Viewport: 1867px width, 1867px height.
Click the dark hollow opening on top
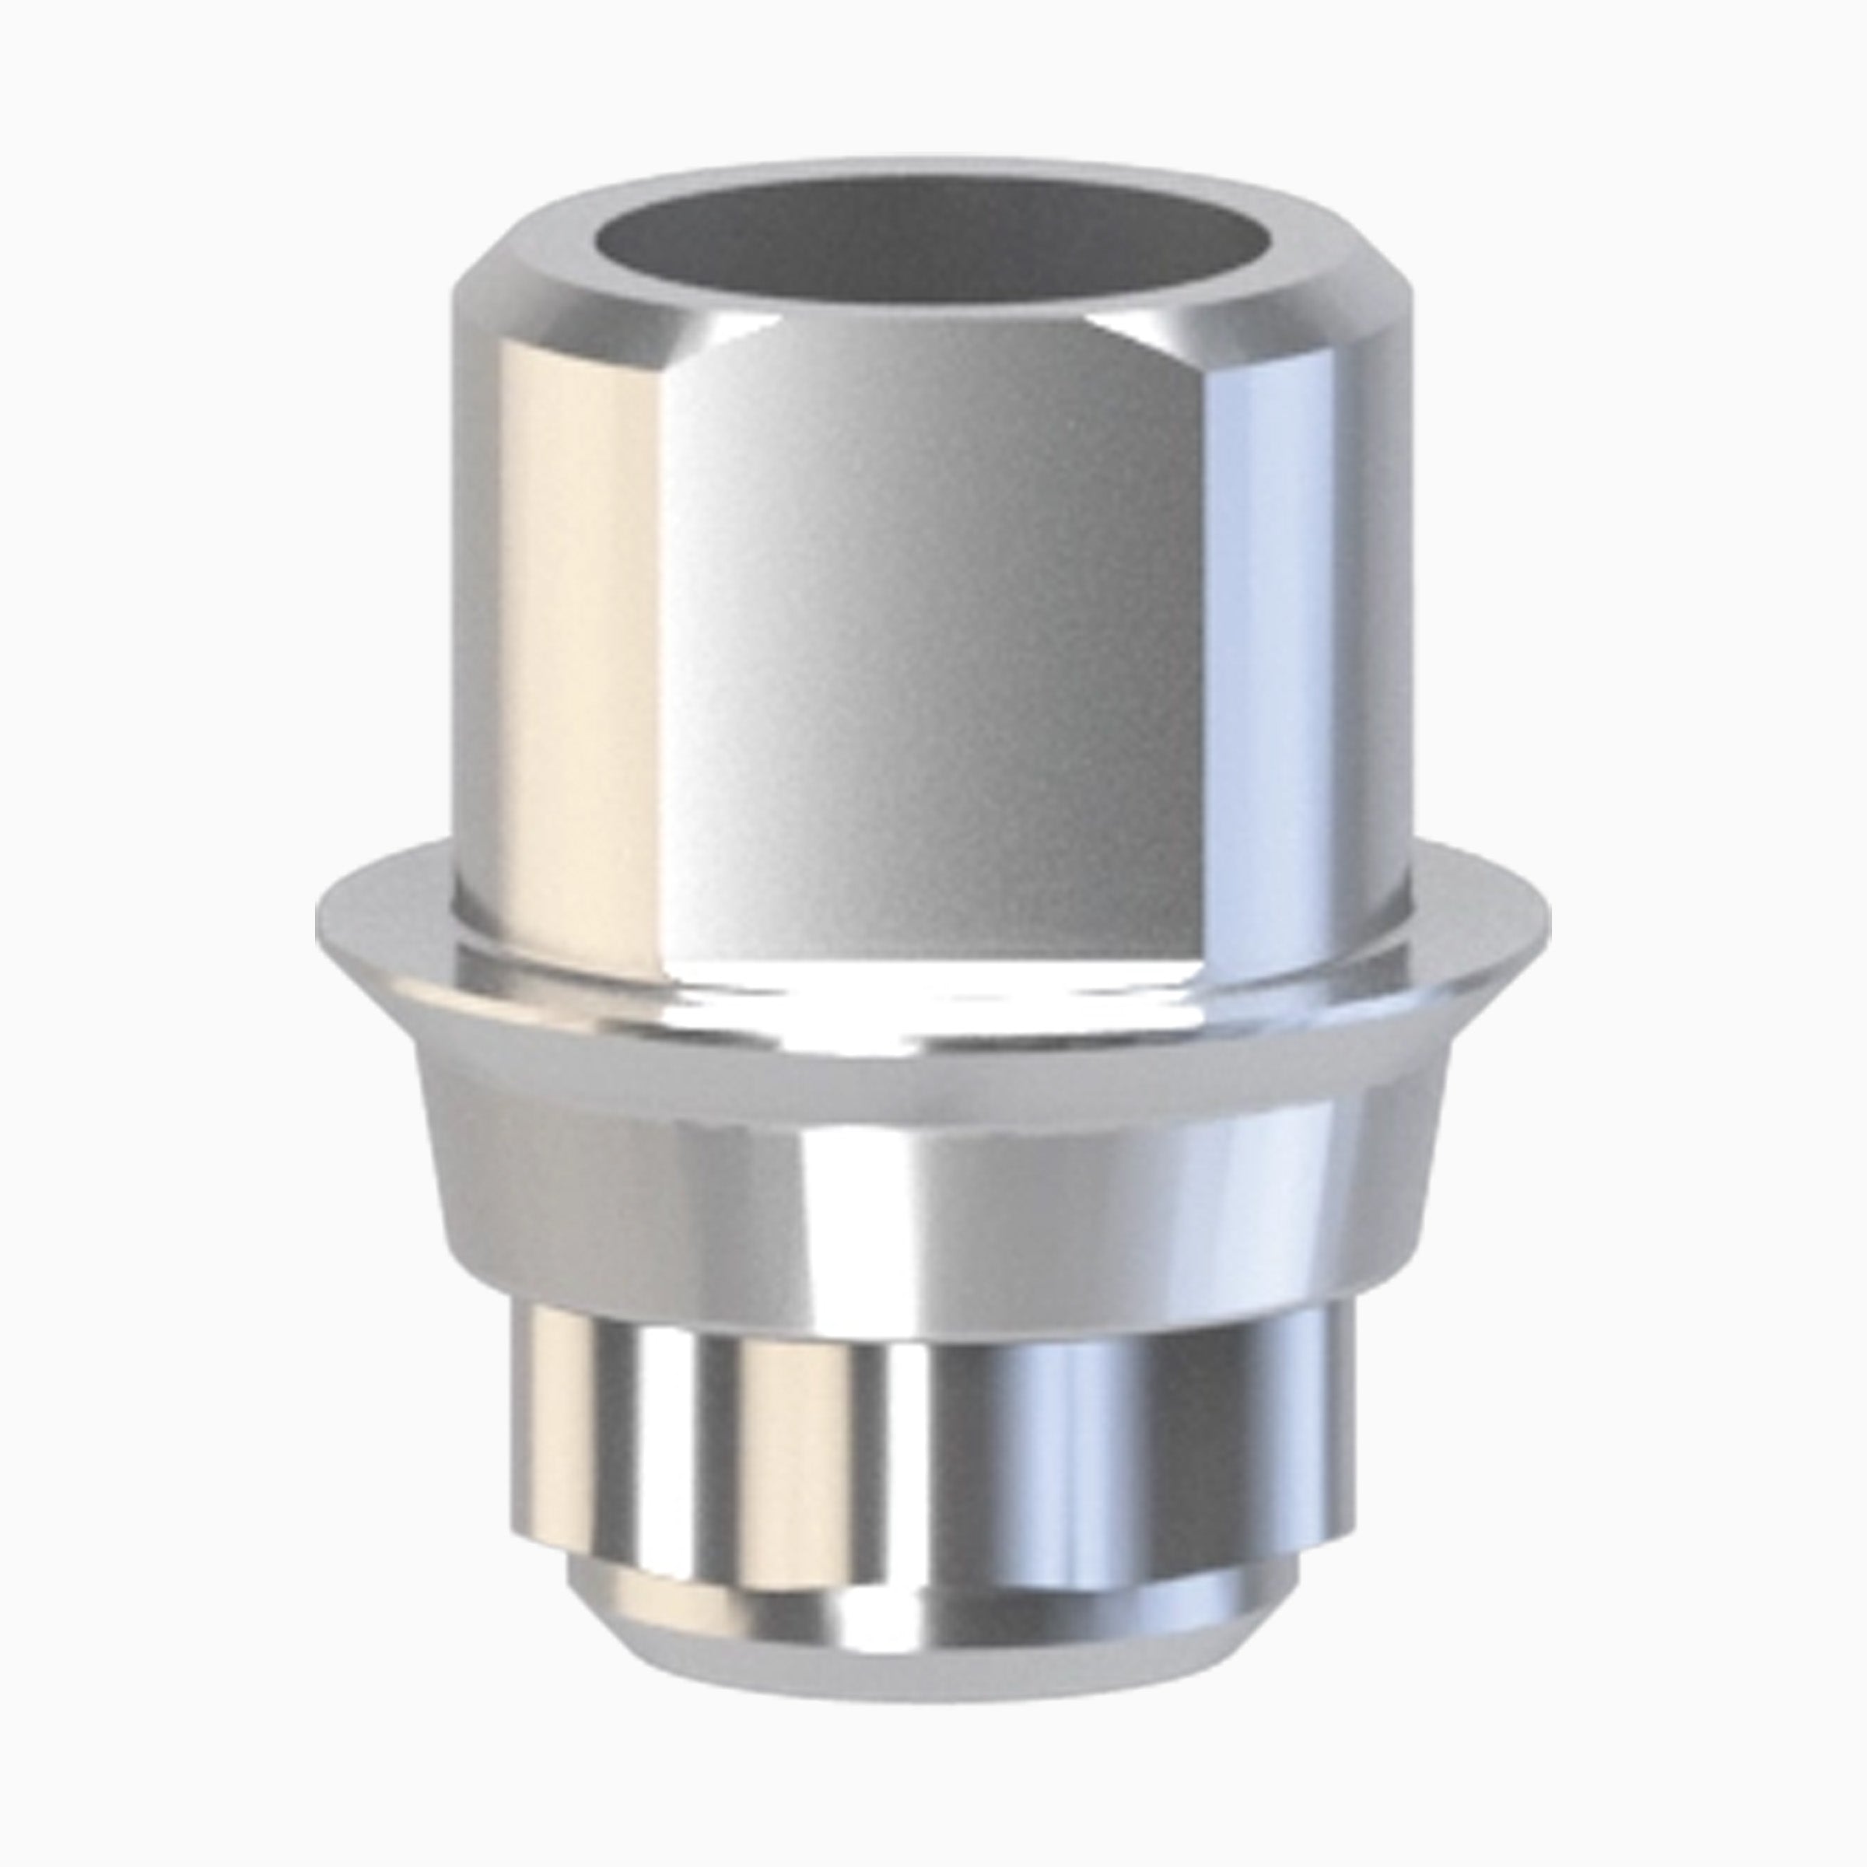[x=933, y=236]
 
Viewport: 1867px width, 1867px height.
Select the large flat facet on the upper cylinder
[x=933, y=618]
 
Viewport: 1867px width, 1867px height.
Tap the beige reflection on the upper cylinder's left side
[x=580, y=628]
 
